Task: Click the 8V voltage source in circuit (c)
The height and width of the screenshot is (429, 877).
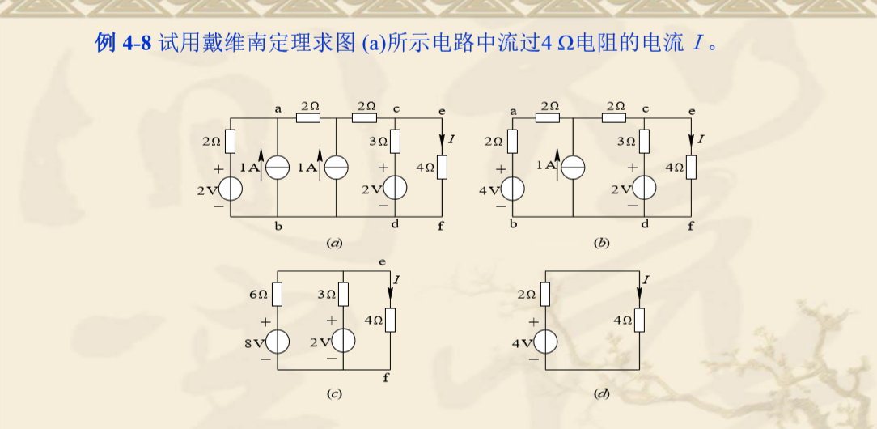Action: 278,342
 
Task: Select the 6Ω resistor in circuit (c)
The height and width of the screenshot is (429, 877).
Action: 277,294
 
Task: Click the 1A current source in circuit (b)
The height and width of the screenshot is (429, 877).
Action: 572,167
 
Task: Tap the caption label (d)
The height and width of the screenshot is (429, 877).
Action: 600,393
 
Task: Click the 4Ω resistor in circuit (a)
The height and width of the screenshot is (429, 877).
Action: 443,168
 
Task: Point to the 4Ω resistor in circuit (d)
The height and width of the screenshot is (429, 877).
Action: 639,321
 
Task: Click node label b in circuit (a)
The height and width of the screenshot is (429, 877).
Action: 278,226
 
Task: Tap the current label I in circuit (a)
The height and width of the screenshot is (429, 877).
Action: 451,140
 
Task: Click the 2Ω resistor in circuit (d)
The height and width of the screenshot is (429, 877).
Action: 545,294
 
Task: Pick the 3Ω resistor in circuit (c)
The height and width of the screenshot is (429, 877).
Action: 345,294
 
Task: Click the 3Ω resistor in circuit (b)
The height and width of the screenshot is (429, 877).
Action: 644,142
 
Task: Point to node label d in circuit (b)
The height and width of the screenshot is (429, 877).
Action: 645,226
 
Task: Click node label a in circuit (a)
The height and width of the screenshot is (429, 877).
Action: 278,108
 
